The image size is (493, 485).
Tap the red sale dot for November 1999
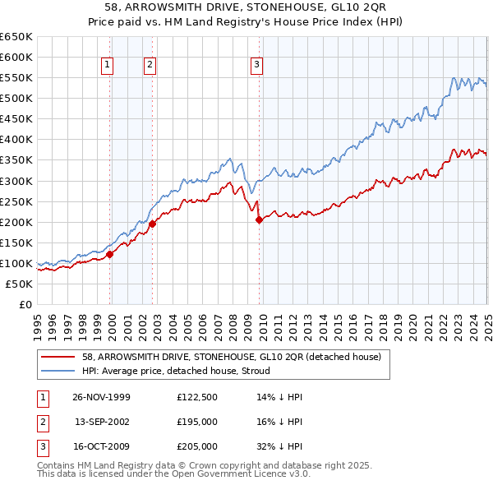coord(110,254)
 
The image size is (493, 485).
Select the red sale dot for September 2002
coord(152,223)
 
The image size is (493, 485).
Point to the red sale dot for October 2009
coord(259,219)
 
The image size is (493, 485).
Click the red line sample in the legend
coord(58,358)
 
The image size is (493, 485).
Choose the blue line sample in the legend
coord(58,371)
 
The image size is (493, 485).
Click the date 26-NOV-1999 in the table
coord(102,397)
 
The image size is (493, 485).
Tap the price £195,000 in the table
coord(197,422)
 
